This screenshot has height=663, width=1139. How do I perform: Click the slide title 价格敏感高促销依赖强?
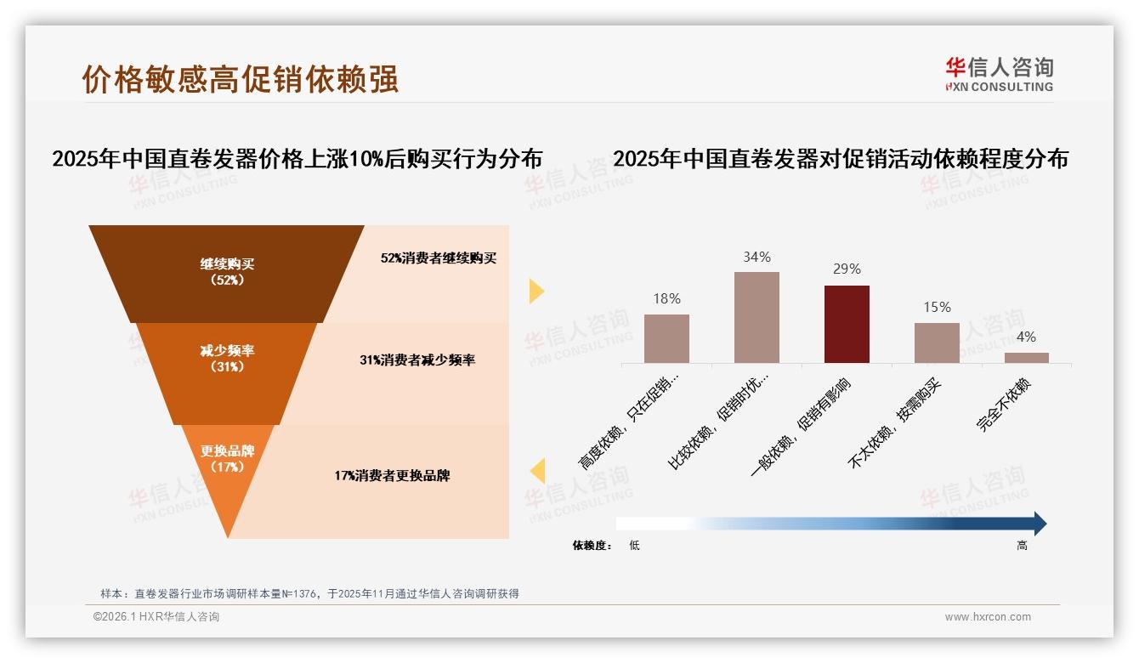tap(241, 79)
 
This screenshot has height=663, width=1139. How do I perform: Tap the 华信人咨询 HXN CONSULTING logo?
tap(999, 74)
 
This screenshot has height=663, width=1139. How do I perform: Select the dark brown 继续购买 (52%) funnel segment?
tap(227, 272)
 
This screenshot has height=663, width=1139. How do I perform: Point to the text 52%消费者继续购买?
tap(438, 258)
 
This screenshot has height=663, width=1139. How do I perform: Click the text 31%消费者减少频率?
tap(416, 360)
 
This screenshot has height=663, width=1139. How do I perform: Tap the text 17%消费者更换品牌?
tap(392, 476)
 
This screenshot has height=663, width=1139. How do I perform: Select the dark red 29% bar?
tap(847, 324)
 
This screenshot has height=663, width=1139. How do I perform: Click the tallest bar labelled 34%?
tap(756, 317)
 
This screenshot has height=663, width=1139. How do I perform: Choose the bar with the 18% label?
tap(666, 338)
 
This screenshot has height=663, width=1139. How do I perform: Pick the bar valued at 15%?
tap(937, 343)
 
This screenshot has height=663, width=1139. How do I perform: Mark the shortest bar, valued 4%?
tap(1026, 358)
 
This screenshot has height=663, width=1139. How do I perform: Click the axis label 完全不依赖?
tap(1004, 405)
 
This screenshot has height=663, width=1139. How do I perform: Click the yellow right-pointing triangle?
tap(536, 291)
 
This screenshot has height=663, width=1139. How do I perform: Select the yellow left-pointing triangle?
tap(536, 471)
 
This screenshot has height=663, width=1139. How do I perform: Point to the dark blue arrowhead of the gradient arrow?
tap(1040, 524)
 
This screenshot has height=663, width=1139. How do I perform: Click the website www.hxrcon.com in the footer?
tap(988, 617)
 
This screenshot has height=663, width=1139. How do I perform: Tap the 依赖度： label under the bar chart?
tap(592, 546)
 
